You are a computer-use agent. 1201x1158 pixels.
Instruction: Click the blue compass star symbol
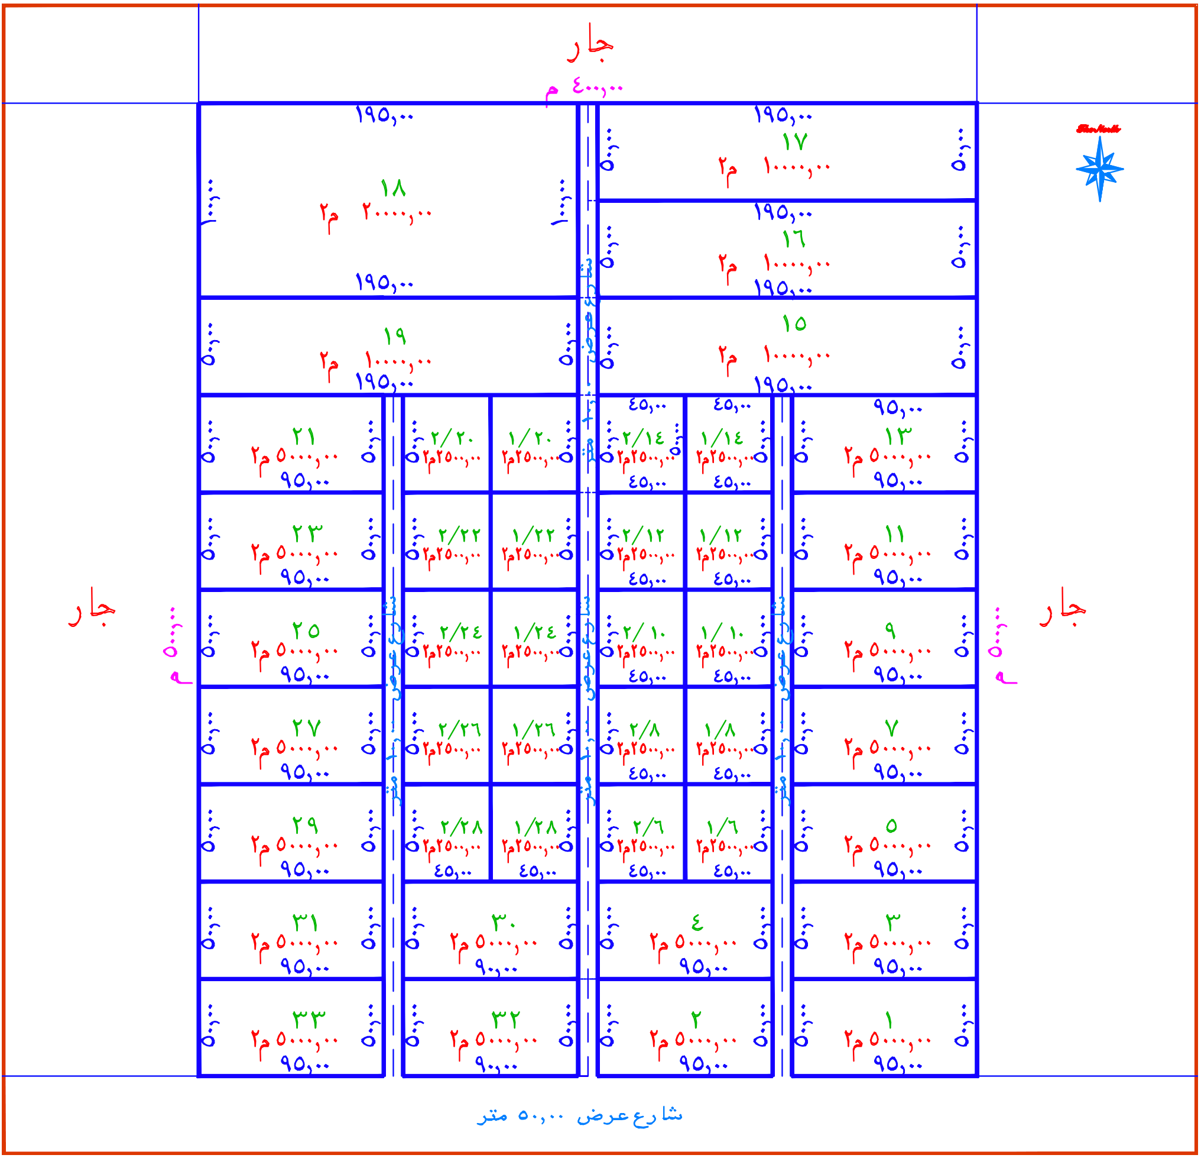pos(1099,169)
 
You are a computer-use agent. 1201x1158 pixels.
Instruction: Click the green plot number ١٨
pos(393,187)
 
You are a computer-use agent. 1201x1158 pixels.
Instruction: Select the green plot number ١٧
pos(795,141)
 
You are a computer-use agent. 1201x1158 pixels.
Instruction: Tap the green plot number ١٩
pos(395,335)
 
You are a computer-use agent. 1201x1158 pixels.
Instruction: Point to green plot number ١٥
pos(794,323)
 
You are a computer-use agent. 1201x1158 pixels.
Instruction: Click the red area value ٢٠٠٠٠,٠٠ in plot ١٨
pos(397,214)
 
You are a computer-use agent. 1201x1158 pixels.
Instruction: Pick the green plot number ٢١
pos(304,436)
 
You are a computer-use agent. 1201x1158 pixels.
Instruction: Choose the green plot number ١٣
pos(898,436)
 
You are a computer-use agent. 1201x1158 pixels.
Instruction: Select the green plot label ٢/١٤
pos(644,438)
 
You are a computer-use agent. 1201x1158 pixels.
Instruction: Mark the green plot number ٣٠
pos(504,922)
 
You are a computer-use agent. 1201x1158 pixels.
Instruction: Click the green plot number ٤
pos(697,921)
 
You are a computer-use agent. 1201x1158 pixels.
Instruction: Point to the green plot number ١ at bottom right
pos(889,1020)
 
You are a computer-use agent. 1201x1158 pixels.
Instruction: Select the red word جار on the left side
pos(92,607)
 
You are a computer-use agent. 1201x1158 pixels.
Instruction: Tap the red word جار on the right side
pos(1063,607)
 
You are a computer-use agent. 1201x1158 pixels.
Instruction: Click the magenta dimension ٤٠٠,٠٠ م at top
pos(584,87)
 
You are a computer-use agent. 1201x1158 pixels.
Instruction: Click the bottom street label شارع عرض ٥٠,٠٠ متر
pos(580,1114)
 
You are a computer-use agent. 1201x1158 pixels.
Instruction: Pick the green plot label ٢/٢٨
pos(462,827)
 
